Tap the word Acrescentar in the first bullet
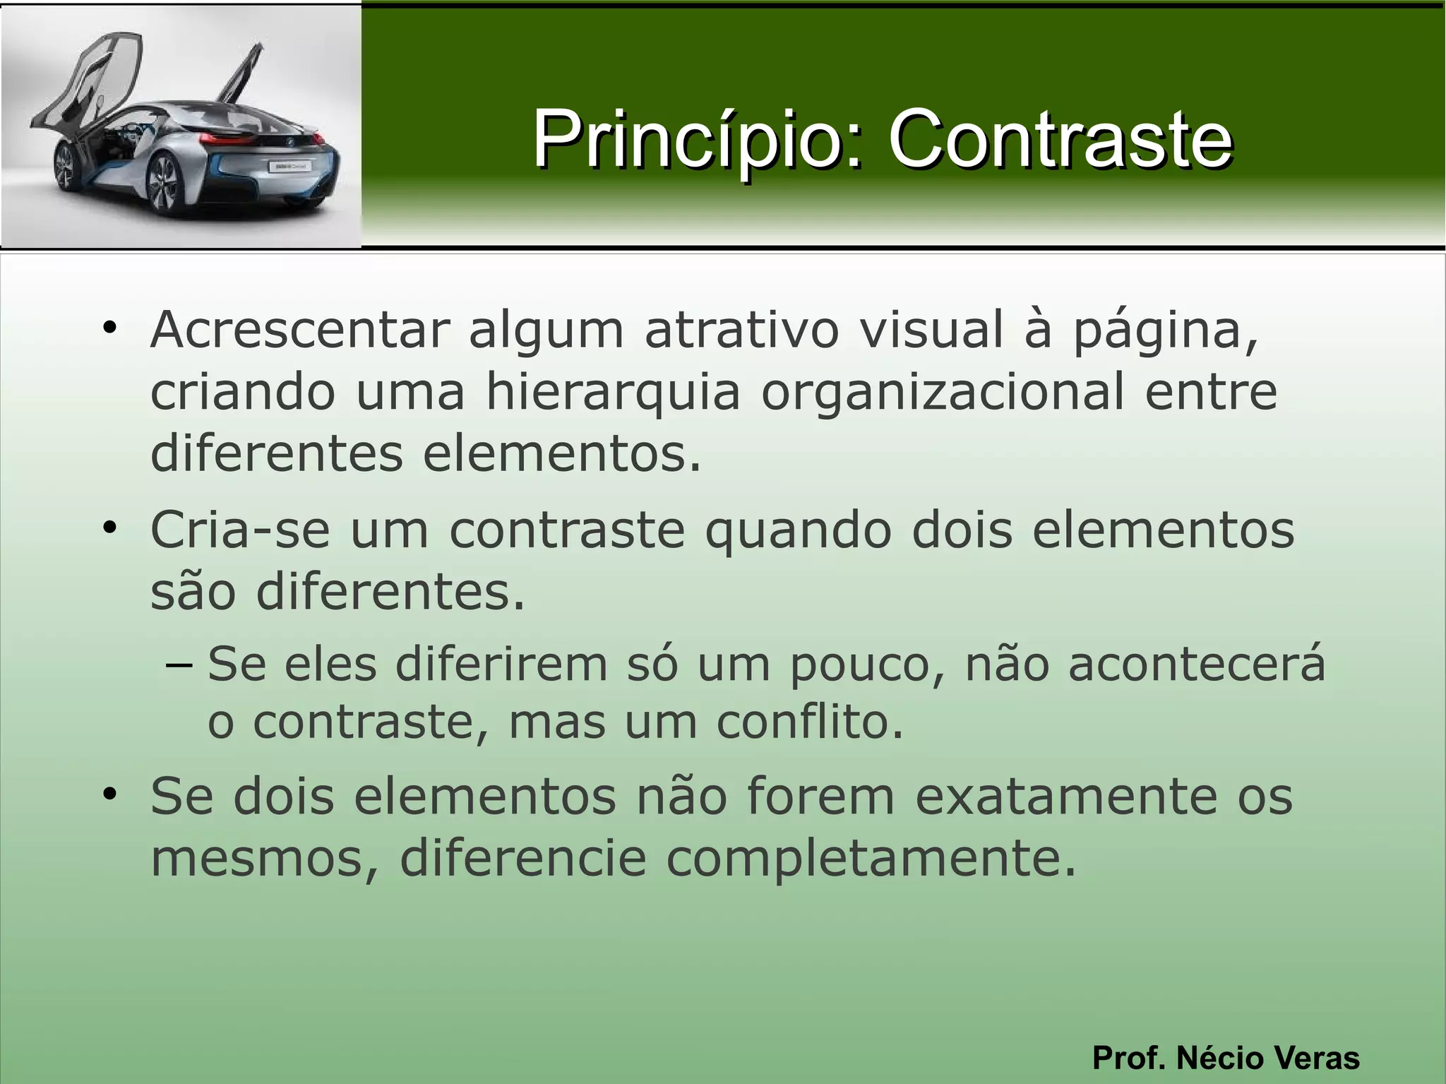point(300,330)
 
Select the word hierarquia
point(613,392)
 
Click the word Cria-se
point(240,530)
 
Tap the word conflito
point(810,722)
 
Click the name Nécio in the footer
point(1230,1058)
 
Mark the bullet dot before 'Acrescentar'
point(109,328)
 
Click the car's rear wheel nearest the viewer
point(163,185)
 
